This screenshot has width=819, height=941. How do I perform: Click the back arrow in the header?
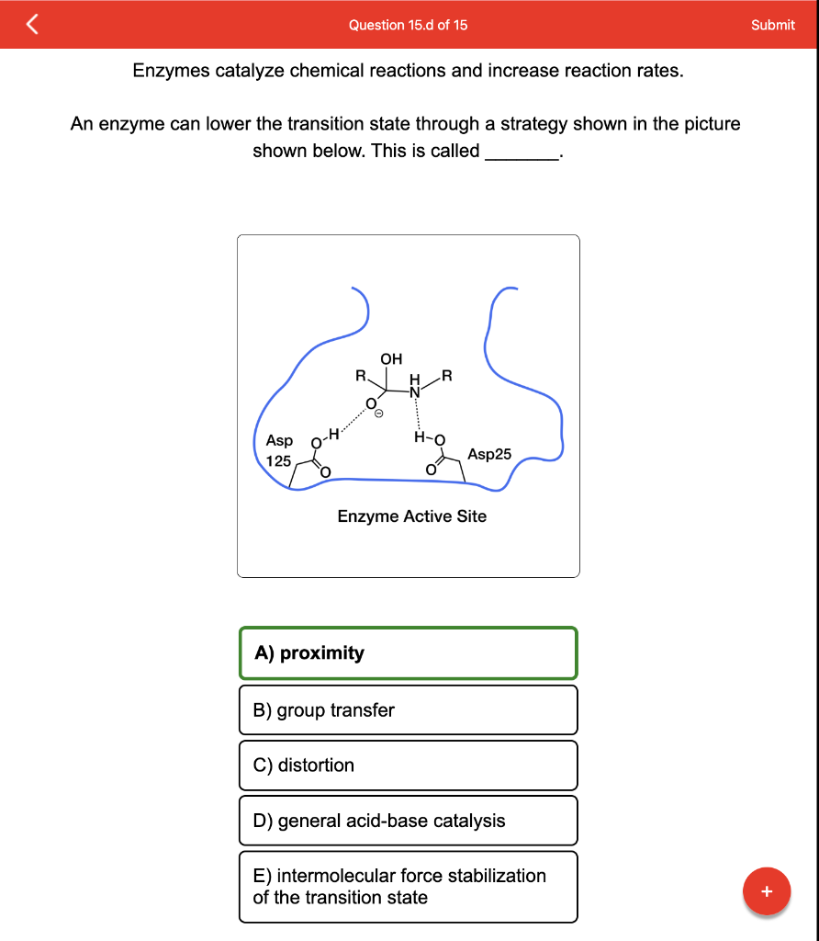pos(32,25)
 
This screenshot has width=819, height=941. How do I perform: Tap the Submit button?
pos(772,25)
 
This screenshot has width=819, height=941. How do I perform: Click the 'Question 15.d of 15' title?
pos(408,25)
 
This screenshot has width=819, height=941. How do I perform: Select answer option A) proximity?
pos(408,653)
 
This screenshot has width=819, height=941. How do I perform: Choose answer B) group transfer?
pos(408,710)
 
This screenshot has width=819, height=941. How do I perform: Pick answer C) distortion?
pos(408,765)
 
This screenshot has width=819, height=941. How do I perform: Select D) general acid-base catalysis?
pos(408,821)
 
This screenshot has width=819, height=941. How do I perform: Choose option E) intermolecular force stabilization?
pos(408,887)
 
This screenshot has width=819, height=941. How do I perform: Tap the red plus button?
pos(767,891)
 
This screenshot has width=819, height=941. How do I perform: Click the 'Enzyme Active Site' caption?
pos(411,516)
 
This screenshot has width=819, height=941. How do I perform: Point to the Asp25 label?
pos(489,454)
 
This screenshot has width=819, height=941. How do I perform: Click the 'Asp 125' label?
pos(279,450)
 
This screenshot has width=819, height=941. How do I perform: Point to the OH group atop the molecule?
pos(391,358)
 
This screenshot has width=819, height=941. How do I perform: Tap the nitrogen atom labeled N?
pos(414,391)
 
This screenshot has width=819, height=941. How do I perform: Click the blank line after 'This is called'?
pos(522,153)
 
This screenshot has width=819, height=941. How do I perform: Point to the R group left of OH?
pos(361,375)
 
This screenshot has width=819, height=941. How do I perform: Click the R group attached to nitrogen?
pos(446,374)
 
